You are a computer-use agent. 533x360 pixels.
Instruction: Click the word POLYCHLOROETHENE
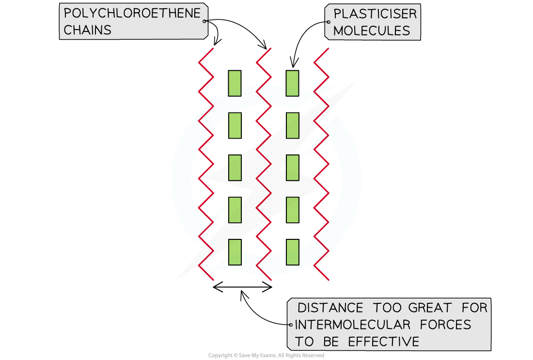tap(132, 14)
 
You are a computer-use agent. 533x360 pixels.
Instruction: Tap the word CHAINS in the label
tap(88, 30)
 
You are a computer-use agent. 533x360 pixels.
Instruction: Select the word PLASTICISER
tap(375, 14)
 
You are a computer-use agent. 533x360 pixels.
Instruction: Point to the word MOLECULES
tap(372, 31)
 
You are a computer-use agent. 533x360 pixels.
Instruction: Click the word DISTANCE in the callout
tap(330, 308)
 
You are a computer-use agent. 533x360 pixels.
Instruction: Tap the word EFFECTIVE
tap(383, 342)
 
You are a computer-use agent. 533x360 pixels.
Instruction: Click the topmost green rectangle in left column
tap(235, 83)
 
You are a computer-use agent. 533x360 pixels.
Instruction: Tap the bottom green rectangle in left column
tap(235, 252)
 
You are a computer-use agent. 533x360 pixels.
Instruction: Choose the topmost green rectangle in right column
tap(292, 83)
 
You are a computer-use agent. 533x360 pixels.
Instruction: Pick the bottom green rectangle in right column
tap(292, 252)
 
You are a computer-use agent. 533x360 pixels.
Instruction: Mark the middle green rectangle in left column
tap(235, 168)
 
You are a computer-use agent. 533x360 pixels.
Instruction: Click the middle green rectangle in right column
tap(292, 168)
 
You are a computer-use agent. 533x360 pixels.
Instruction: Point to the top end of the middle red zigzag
tap(270, 48)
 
